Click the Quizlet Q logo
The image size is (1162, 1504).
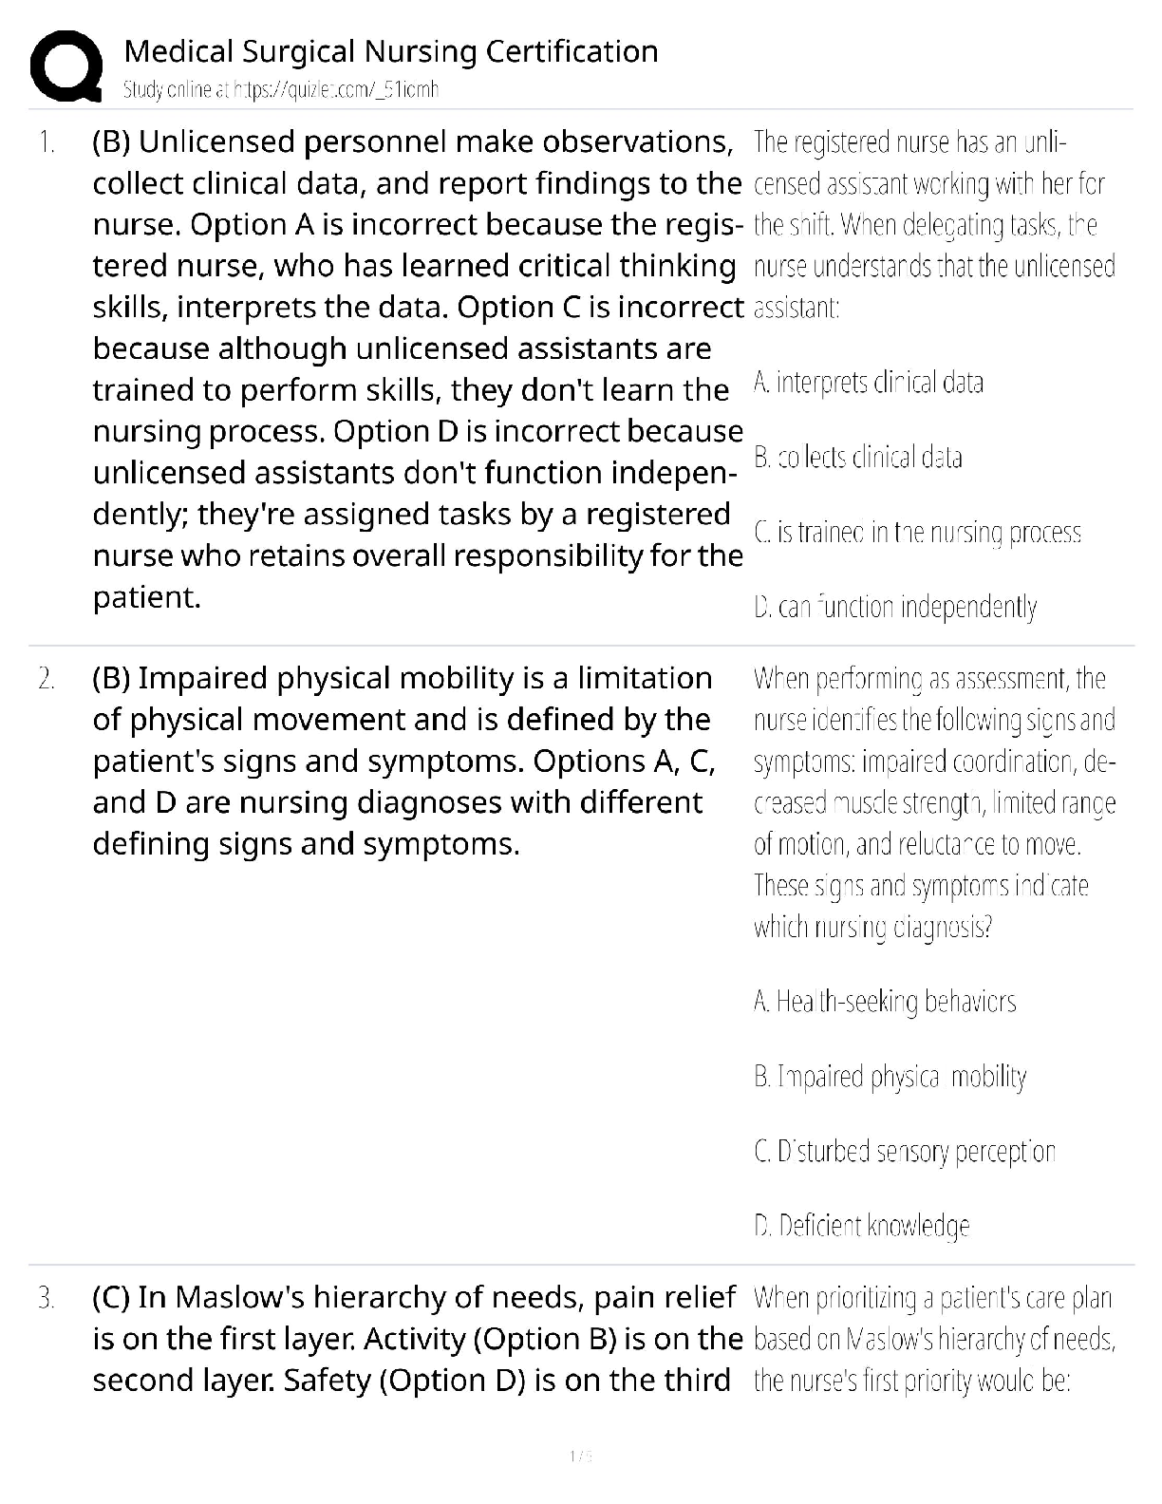66,66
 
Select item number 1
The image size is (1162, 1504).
46,142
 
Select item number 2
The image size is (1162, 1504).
46,679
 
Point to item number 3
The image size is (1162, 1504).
46,1298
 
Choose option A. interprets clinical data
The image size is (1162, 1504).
868,383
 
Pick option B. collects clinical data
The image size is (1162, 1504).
857,458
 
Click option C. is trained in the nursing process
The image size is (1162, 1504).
917,533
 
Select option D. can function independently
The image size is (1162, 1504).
894,607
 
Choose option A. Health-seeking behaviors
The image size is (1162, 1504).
884,1002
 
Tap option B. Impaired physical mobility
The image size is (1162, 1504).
890,1077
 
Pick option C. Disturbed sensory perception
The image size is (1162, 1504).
904,1152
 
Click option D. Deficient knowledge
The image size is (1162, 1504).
861,1227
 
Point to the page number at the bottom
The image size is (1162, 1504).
580,1456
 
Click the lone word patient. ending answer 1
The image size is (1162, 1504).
147,597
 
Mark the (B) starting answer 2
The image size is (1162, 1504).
111,679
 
